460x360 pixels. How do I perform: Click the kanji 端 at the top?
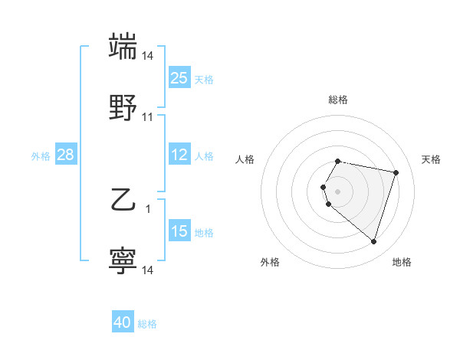point(123,46)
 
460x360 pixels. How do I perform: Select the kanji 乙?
point(123,201)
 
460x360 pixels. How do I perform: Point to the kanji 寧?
point(123,261)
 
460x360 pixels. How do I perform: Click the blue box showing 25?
point(179,78)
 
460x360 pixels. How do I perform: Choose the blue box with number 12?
point(179,155)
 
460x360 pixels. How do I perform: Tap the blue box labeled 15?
point(179,232)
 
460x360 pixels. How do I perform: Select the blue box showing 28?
point(66,155)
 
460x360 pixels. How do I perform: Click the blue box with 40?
point(123,323)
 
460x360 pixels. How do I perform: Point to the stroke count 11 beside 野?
point(148,118)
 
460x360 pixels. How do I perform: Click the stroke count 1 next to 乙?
point(148,208)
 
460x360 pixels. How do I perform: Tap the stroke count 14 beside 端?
point(148,57)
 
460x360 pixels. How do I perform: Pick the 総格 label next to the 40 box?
point(147,325)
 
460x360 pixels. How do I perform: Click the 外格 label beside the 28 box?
point(41,156)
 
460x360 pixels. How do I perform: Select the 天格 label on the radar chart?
point(431,159)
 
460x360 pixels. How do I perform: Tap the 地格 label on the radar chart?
point(402,262)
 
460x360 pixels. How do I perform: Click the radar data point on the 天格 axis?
point(396,172)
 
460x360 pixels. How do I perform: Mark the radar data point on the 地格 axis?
point(373,242)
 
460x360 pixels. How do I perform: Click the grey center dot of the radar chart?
point(338,191)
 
